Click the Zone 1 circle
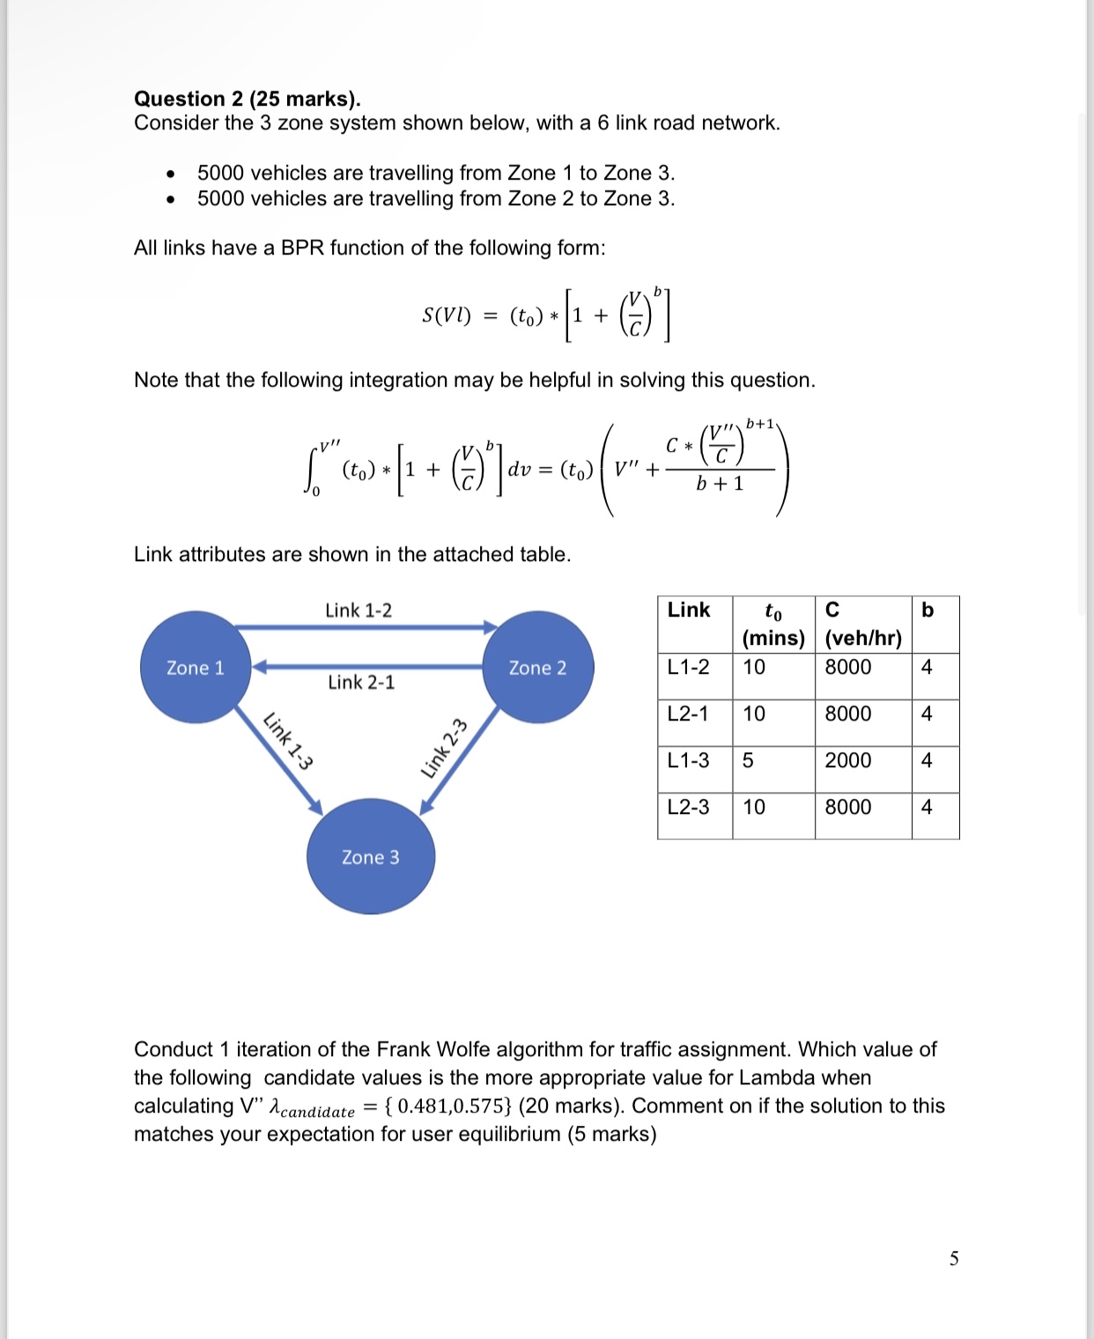coord(196,668)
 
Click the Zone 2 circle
coord(537,668)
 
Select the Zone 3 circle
coord(370,857)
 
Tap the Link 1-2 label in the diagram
coord(359,610)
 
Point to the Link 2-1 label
coord(361,683)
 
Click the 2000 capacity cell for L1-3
coord(847,760)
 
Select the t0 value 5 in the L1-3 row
coord(748,760)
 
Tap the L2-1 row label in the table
coord(688,714)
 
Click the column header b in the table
coord(927,610)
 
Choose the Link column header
coord(689,610)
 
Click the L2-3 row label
coord(688,807)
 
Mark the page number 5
coord(954,1258)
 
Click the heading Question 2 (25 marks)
coord(248,99)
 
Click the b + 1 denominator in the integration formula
coord(720,484)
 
